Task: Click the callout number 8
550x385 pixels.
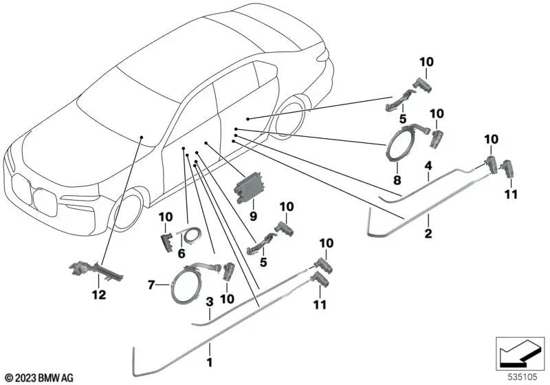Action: point(395,179)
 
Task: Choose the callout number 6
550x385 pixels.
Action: point(181,254)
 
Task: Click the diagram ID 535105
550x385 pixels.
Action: point(520,377)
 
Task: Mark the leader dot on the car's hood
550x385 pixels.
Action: point(140,137)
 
